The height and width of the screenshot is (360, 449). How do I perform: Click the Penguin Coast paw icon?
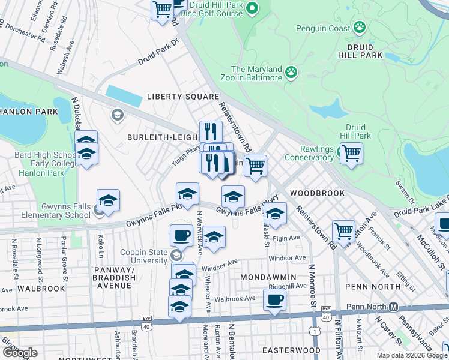(x=360, y=26)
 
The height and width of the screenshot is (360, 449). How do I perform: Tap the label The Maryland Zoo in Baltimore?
(x=256, y=73)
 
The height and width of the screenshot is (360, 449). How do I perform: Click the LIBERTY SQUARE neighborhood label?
(x=183, y=97)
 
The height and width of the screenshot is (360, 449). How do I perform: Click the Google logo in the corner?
(x=20, y=353)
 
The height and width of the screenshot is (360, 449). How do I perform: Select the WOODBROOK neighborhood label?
(x=317, y=193)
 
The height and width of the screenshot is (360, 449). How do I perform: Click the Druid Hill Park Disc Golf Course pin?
(x=252, y=8)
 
